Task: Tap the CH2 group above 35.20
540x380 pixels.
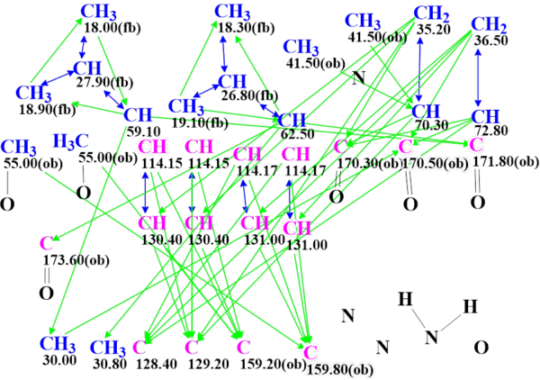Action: point(432,14)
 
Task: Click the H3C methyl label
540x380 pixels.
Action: point(71,141)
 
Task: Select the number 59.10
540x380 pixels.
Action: point(137,130)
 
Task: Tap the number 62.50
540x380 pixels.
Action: point(293,134)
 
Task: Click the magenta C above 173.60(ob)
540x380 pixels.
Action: point(46,242)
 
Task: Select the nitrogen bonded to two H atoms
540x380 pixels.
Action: point(433,338)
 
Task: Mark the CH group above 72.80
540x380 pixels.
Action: point(485,116)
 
